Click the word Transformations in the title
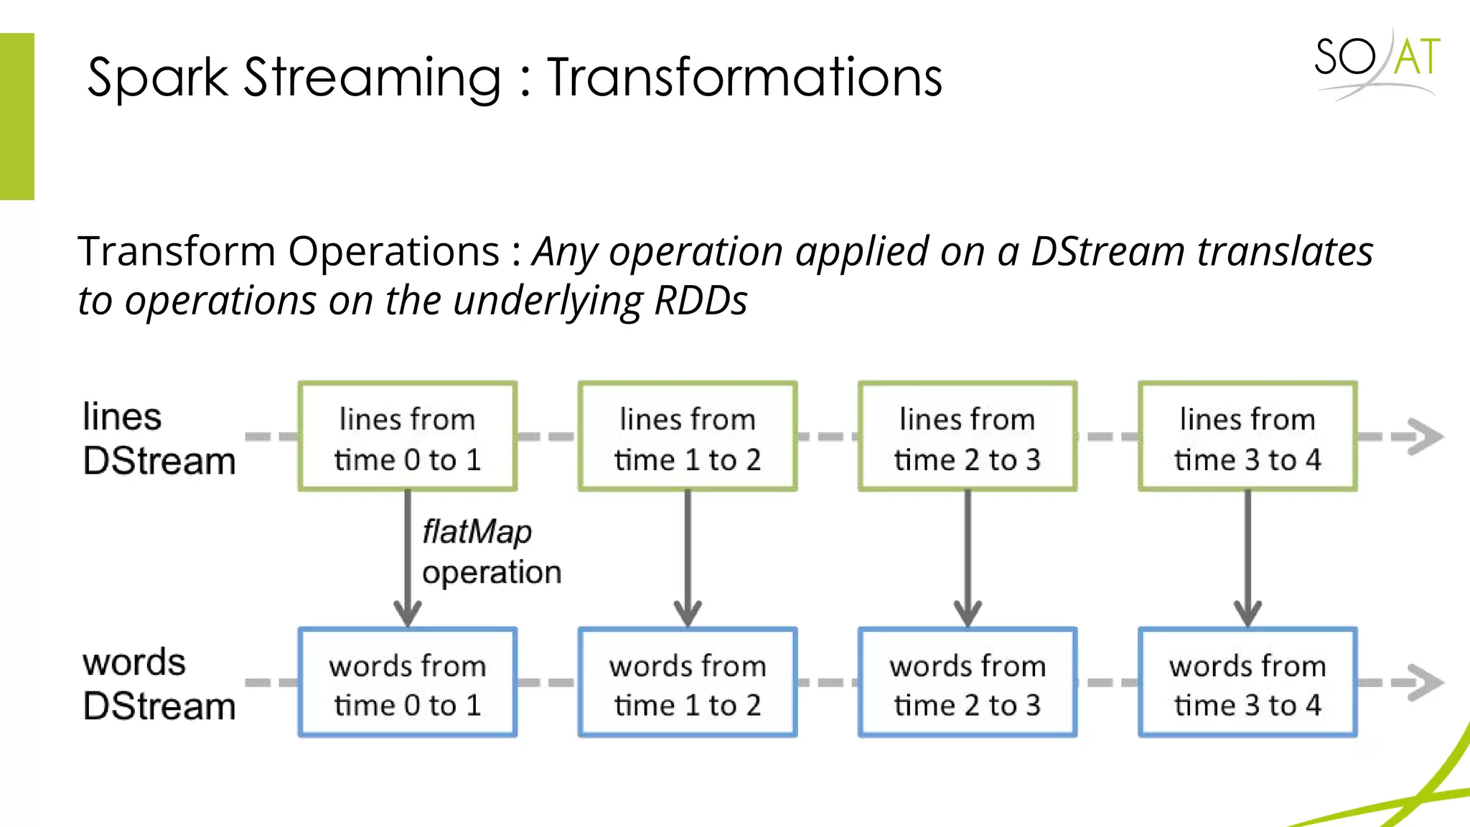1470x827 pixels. [x=744, y=77]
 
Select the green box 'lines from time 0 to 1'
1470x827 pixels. [x=408, y=436]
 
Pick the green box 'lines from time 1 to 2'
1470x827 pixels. [x=688, y=436]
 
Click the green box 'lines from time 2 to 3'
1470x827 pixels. [x=968, y=436]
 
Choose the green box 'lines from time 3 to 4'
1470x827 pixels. [x=1247, y=436]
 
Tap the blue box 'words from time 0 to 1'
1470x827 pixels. [x=408, y=683]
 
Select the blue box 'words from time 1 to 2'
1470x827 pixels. [x=688, y=683]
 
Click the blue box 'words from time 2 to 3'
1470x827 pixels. [x=968, y=683]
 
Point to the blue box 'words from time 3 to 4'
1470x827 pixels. [x=1247, y=683]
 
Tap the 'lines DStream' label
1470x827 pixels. [x=159, y=439]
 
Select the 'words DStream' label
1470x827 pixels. [x=159, y=684]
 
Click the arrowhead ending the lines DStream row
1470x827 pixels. [x=1425, y=436]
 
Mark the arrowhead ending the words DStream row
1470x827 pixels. [x=1425, y=682]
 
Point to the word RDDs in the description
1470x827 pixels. [x=701, y=300]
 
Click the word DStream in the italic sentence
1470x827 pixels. [x=1108, y=252]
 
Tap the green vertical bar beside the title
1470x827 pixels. [x=17, y=116]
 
